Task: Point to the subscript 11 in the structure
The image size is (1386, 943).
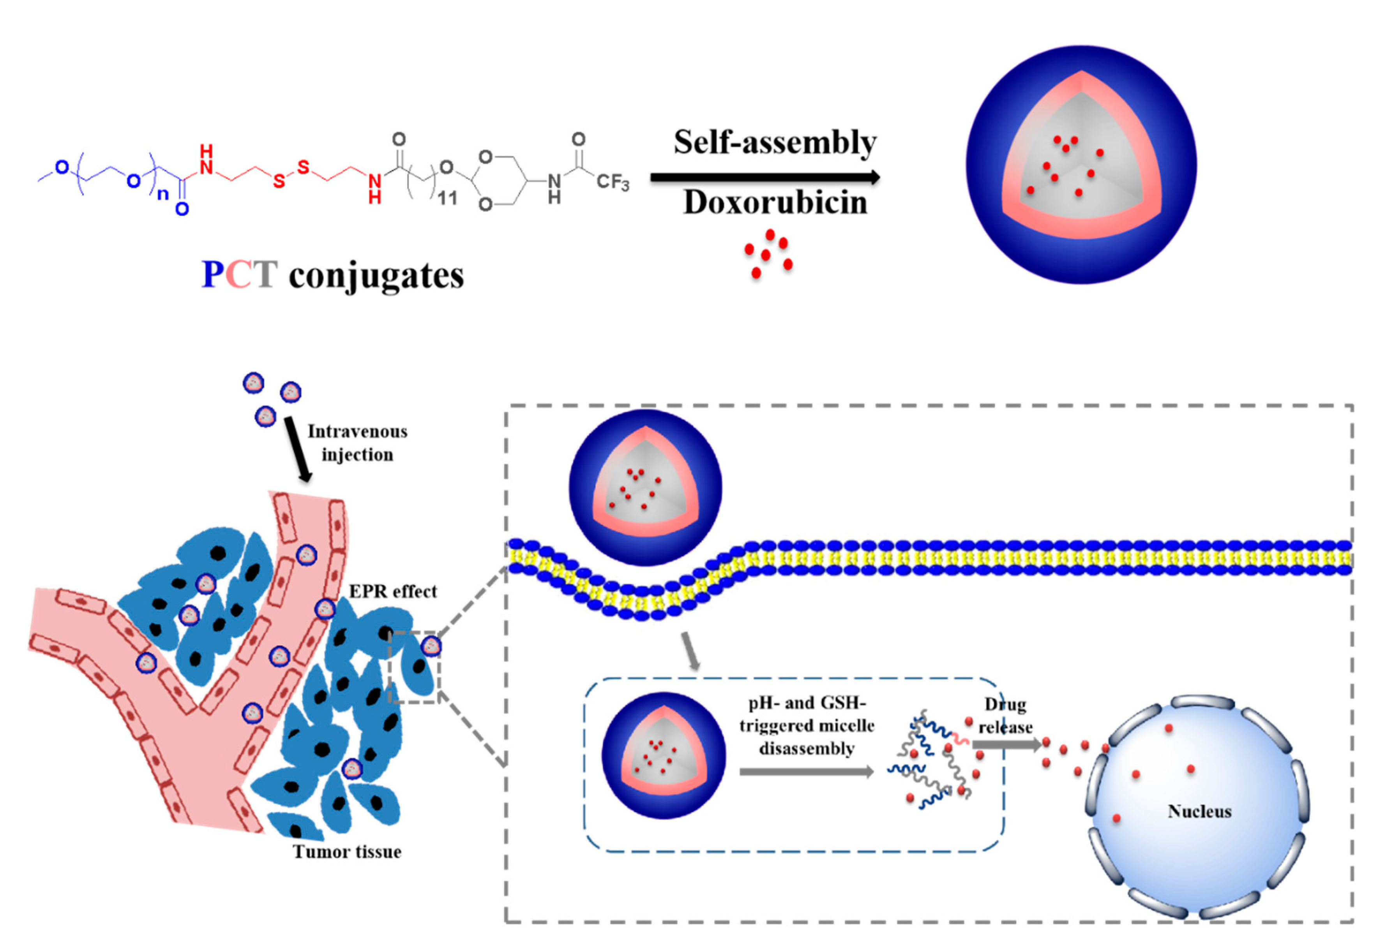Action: (447, 199)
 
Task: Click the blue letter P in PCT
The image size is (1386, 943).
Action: (212, 275)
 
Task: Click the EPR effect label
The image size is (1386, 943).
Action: (392, 591)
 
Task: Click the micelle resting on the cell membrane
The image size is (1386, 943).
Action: (645, 487)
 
